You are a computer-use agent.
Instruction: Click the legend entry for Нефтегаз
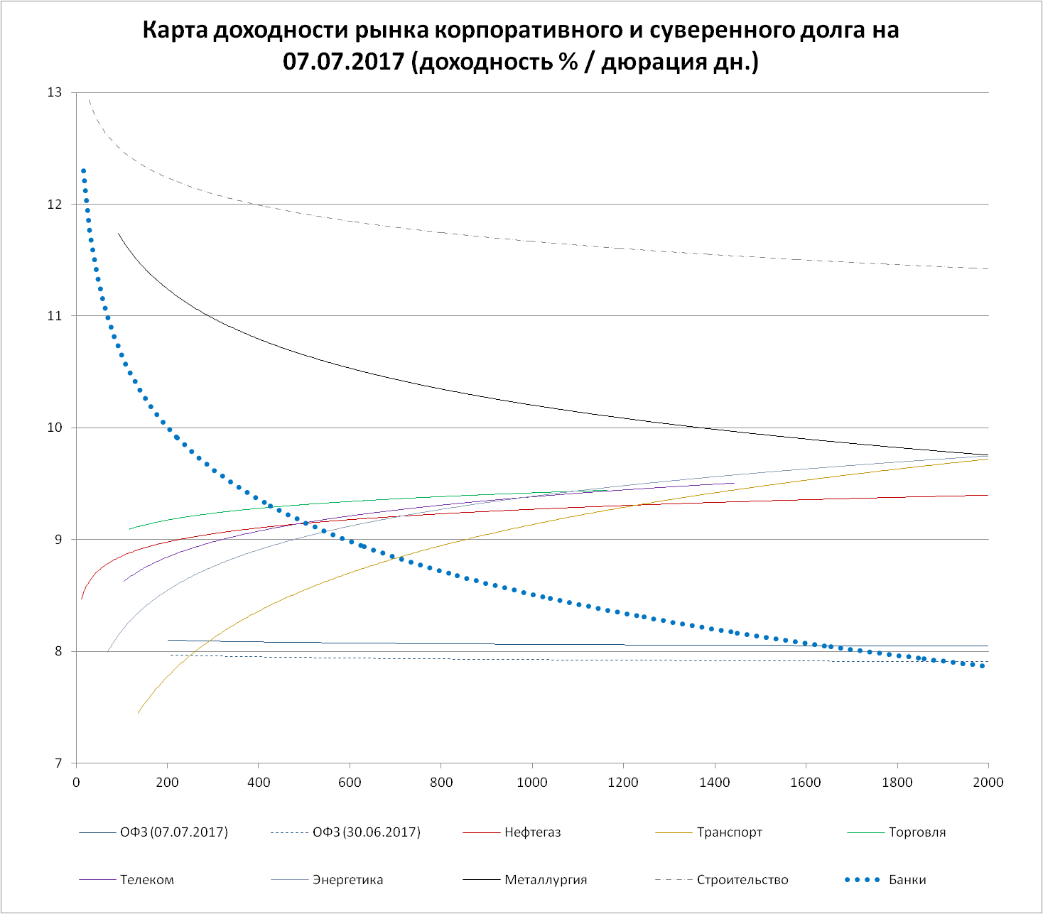pos(532,832)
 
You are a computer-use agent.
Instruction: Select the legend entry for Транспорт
pos(729,832)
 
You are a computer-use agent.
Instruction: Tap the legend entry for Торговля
pos(917,832)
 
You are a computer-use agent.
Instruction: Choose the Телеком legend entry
pos(146,880)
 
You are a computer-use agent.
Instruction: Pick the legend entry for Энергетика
pos(347,880)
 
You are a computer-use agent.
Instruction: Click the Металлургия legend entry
pos(546,880)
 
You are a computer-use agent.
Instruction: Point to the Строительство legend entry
pos(742,880)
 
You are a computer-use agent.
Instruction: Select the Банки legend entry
pos(907,880)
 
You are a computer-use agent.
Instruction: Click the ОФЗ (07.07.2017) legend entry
pos(174,832)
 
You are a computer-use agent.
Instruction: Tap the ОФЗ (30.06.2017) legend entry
pos(366,832)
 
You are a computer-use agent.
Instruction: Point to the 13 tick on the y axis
pos(55,92)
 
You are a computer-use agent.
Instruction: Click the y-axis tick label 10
pos(55,428)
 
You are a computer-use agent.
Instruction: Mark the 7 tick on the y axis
pos(59,763)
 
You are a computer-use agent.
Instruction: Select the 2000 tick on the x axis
pos(988,783)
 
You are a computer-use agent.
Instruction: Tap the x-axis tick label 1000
pos(532,783)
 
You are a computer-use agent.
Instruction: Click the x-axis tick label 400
pos(259,783)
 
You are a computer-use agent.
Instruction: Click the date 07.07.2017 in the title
pos(344,61)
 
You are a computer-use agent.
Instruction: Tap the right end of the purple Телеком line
pos(733,483)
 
